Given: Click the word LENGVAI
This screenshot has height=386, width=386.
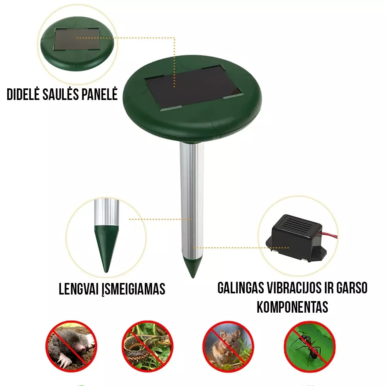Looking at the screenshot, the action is (x=78, y=289).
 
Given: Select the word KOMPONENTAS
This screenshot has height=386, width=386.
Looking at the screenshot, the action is (x=293, y=307).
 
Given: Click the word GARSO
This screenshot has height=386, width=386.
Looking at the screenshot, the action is (x=352, y=288).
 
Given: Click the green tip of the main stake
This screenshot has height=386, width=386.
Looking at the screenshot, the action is (x=193, y=267).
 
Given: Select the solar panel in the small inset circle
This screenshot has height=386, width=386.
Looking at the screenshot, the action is (x=77, y=39).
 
